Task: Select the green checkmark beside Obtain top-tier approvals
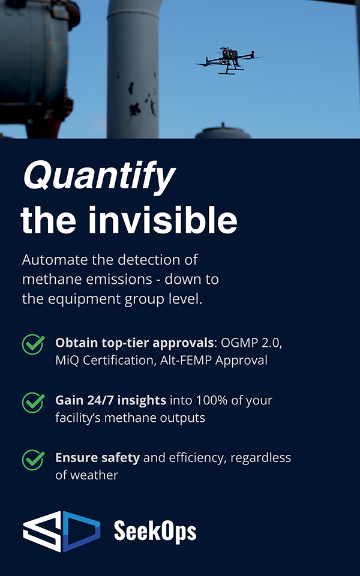coord(34,344)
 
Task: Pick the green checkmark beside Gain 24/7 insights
coord(34,402)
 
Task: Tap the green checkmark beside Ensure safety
coord(34,460)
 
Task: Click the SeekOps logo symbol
coord(62,531)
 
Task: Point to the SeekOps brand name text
coord(155,531)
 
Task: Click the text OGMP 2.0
coord(251,343)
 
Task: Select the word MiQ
coord(67,360)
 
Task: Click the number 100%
coord(202,400)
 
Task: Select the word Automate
coord(55,260)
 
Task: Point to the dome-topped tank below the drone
coord(223,132)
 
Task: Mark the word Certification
coord(118,360)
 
